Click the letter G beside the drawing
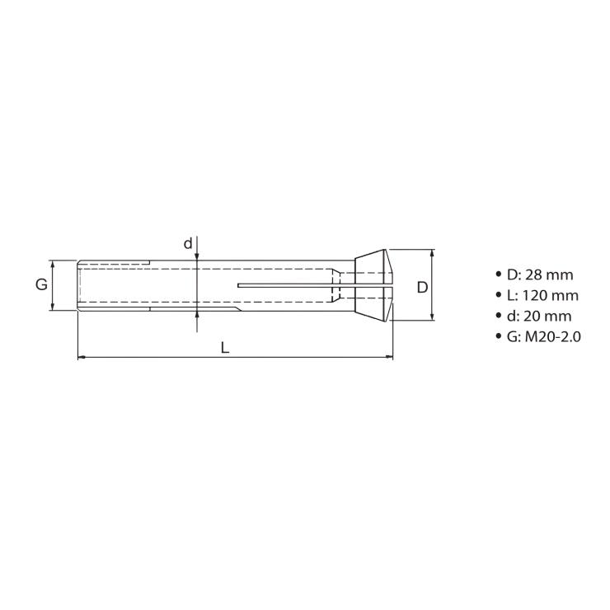click(40, 285)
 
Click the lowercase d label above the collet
click(188, 243)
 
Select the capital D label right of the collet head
click(421, 287)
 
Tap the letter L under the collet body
click(225, 347)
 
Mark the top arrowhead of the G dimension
click(53, 265)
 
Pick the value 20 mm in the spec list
click(548, 316)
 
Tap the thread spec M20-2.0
click(552, 336)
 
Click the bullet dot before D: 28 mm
click(498, 274)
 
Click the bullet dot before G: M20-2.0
click(498, 336)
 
